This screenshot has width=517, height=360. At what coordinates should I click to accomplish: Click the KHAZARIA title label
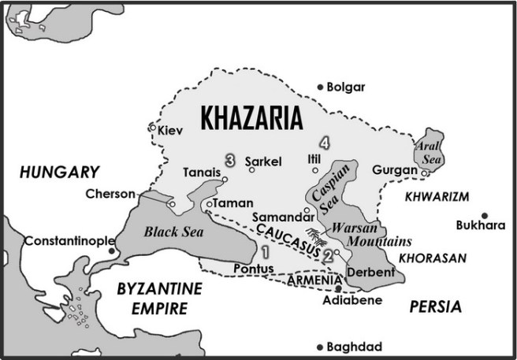(x=252, y=118)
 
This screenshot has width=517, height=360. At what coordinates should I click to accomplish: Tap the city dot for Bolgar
(x=320, y=87)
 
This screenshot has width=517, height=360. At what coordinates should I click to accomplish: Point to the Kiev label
(x=170, y=130)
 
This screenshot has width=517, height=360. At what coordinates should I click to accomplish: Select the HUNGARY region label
(x=59, y=172)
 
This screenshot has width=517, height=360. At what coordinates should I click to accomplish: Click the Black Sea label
(x=168, y=232)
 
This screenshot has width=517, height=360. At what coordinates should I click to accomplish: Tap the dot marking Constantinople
(x=112, y=251)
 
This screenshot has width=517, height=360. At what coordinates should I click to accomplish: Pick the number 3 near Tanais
(x=229, y=160)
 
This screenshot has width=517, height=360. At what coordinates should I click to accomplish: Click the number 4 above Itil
(x=324, y=143)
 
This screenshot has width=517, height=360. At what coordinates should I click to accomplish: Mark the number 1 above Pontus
(x=265, y=252)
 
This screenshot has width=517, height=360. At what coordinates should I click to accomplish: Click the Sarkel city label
(x=263, y=161)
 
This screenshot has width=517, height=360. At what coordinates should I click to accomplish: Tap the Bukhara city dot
(x=485, y=215)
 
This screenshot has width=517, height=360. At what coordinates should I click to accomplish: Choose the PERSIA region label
(x=435, y=307)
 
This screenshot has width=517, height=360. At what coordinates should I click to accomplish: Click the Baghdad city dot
(x=320, y=347)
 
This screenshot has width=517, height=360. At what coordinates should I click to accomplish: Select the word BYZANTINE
(x=159, y=288)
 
